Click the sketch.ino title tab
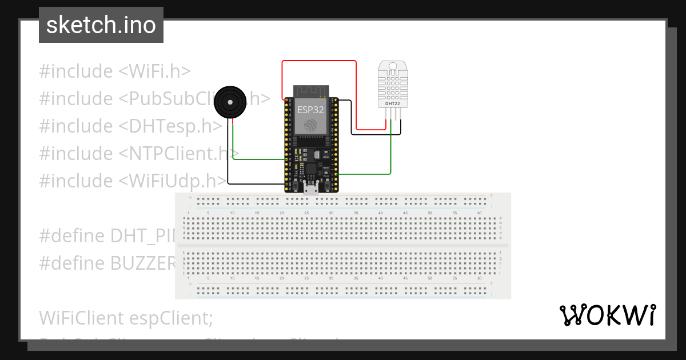pyautogui.click(x=101, y=25)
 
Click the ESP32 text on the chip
pyautogui.click(x=310, y=109)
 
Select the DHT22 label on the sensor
pyautogui.click(x=393, y=103)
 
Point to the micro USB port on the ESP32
pyautogui.click(x=312, y=189)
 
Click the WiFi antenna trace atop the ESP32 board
pyautogui.click(x=310, y=90)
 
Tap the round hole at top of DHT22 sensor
pyautogui.click(x=393, y=66)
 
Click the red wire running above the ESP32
pyautogui.click(x=319, y=61)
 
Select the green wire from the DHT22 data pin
pyautogui.click(x=391, y=154)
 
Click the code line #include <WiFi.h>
pyautogui.click(x=114, y=71)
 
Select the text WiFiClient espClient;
pyautogui.click(x=126, y=317)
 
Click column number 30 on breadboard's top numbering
pyautogui.click(x=331, y=213)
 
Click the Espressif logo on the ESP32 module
pyautogui.click(x=310, y=125)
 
